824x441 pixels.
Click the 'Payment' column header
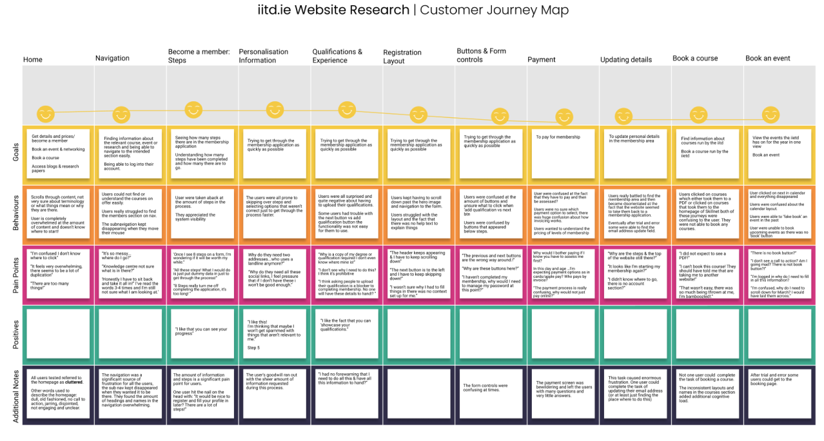point(541,59)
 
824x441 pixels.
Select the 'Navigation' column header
point(112,58)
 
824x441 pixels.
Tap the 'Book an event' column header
point(767,58)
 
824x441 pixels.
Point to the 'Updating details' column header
point(625,59)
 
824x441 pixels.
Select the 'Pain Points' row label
point(15,273)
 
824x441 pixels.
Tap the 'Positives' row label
point(15,334)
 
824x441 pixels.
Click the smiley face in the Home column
point(45,115)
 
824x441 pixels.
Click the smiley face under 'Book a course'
point(698,115)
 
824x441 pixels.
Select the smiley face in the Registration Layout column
point(418,115)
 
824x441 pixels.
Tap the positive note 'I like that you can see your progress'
point(201,331)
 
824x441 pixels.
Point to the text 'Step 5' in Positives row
point(253,348)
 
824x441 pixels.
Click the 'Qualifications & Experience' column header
point(337,56)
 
